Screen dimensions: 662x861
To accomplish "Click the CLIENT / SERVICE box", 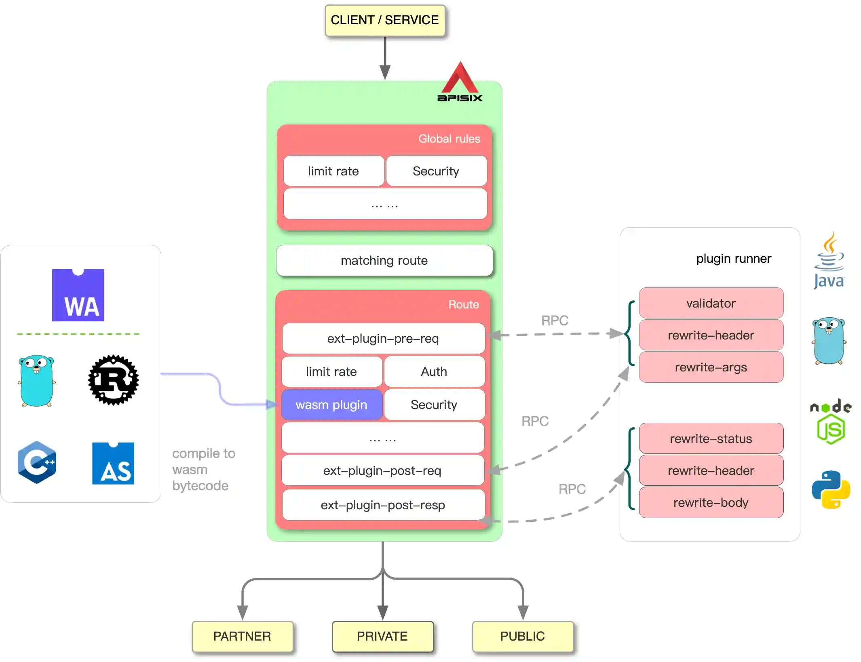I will (384, 20).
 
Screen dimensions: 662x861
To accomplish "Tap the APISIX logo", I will (460, 83).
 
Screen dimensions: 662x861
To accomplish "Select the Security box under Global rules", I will (436, 171).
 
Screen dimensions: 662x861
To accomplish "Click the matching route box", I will (384, 261).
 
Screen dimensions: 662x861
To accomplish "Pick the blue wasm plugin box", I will (331, 405).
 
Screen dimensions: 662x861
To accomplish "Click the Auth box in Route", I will (434, 371).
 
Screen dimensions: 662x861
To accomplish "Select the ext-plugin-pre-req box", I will (383, 338).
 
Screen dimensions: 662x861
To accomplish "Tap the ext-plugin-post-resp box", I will (383, 505).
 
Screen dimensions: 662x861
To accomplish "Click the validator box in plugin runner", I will (711, 303).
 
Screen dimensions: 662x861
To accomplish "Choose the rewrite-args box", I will (711, 367).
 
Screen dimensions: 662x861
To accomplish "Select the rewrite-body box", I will (711, 502).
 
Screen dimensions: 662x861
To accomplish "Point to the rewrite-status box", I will (711, 439).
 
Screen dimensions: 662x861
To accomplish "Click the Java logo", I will (829, 261).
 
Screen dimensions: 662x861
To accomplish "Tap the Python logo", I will (831, 489).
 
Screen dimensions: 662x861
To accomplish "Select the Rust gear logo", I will (113, 380).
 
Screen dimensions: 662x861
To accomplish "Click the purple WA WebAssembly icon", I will (78, 295).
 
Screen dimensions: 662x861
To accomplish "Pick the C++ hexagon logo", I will (37, 462).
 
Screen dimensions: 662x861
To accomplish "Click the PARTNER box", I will (242, 636).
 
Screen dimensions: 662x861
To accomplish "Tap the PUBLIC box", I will (522, 636).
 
